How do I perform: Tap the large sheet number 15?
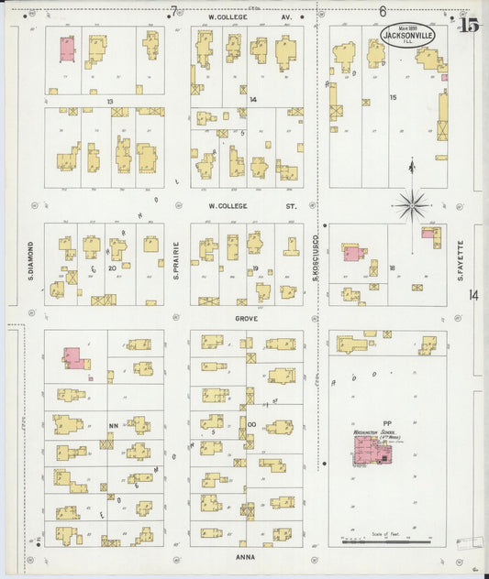pyautogui.click(x=470, y=25)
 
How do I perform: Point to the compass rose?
pyautogui.click(x=412, y=202)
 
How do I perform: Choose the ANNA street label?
pyautogui.click(x=245, y=556)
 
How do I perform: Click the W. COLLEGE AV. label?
pyautogui.click(x=236, y=16)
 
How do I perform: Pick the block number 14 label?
pyautogui.click(x=252, y=99)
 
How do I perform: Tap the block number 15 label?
pyautogui.click(x=395, y=97)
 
